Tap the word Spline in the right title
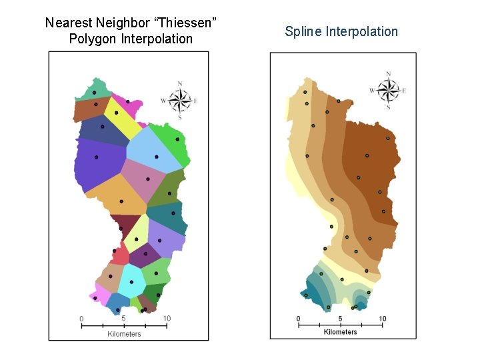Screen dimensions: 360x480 coord(303,31)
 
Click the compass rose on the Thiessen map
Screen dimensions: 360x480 coord(179,100)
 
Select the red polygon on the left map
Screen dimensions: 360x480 coord(120,254)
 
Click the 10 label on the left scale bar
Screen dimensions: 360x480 coord(167,319)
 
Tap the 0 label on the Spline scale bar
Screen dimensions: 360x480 coord(298,319)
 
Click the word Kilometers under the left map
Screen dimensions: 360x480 coord(124,334)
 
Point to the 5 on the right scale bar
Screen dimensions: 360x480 coord(341,319)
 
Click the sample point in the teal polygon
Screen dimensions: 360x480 coord(173,213)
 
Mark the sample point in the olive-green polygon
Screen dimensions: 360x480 coord(170,193)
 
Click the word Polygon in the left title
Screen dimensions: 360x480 coord(92,39)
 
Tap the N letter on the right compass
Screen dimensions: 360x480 coord(388,74)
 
